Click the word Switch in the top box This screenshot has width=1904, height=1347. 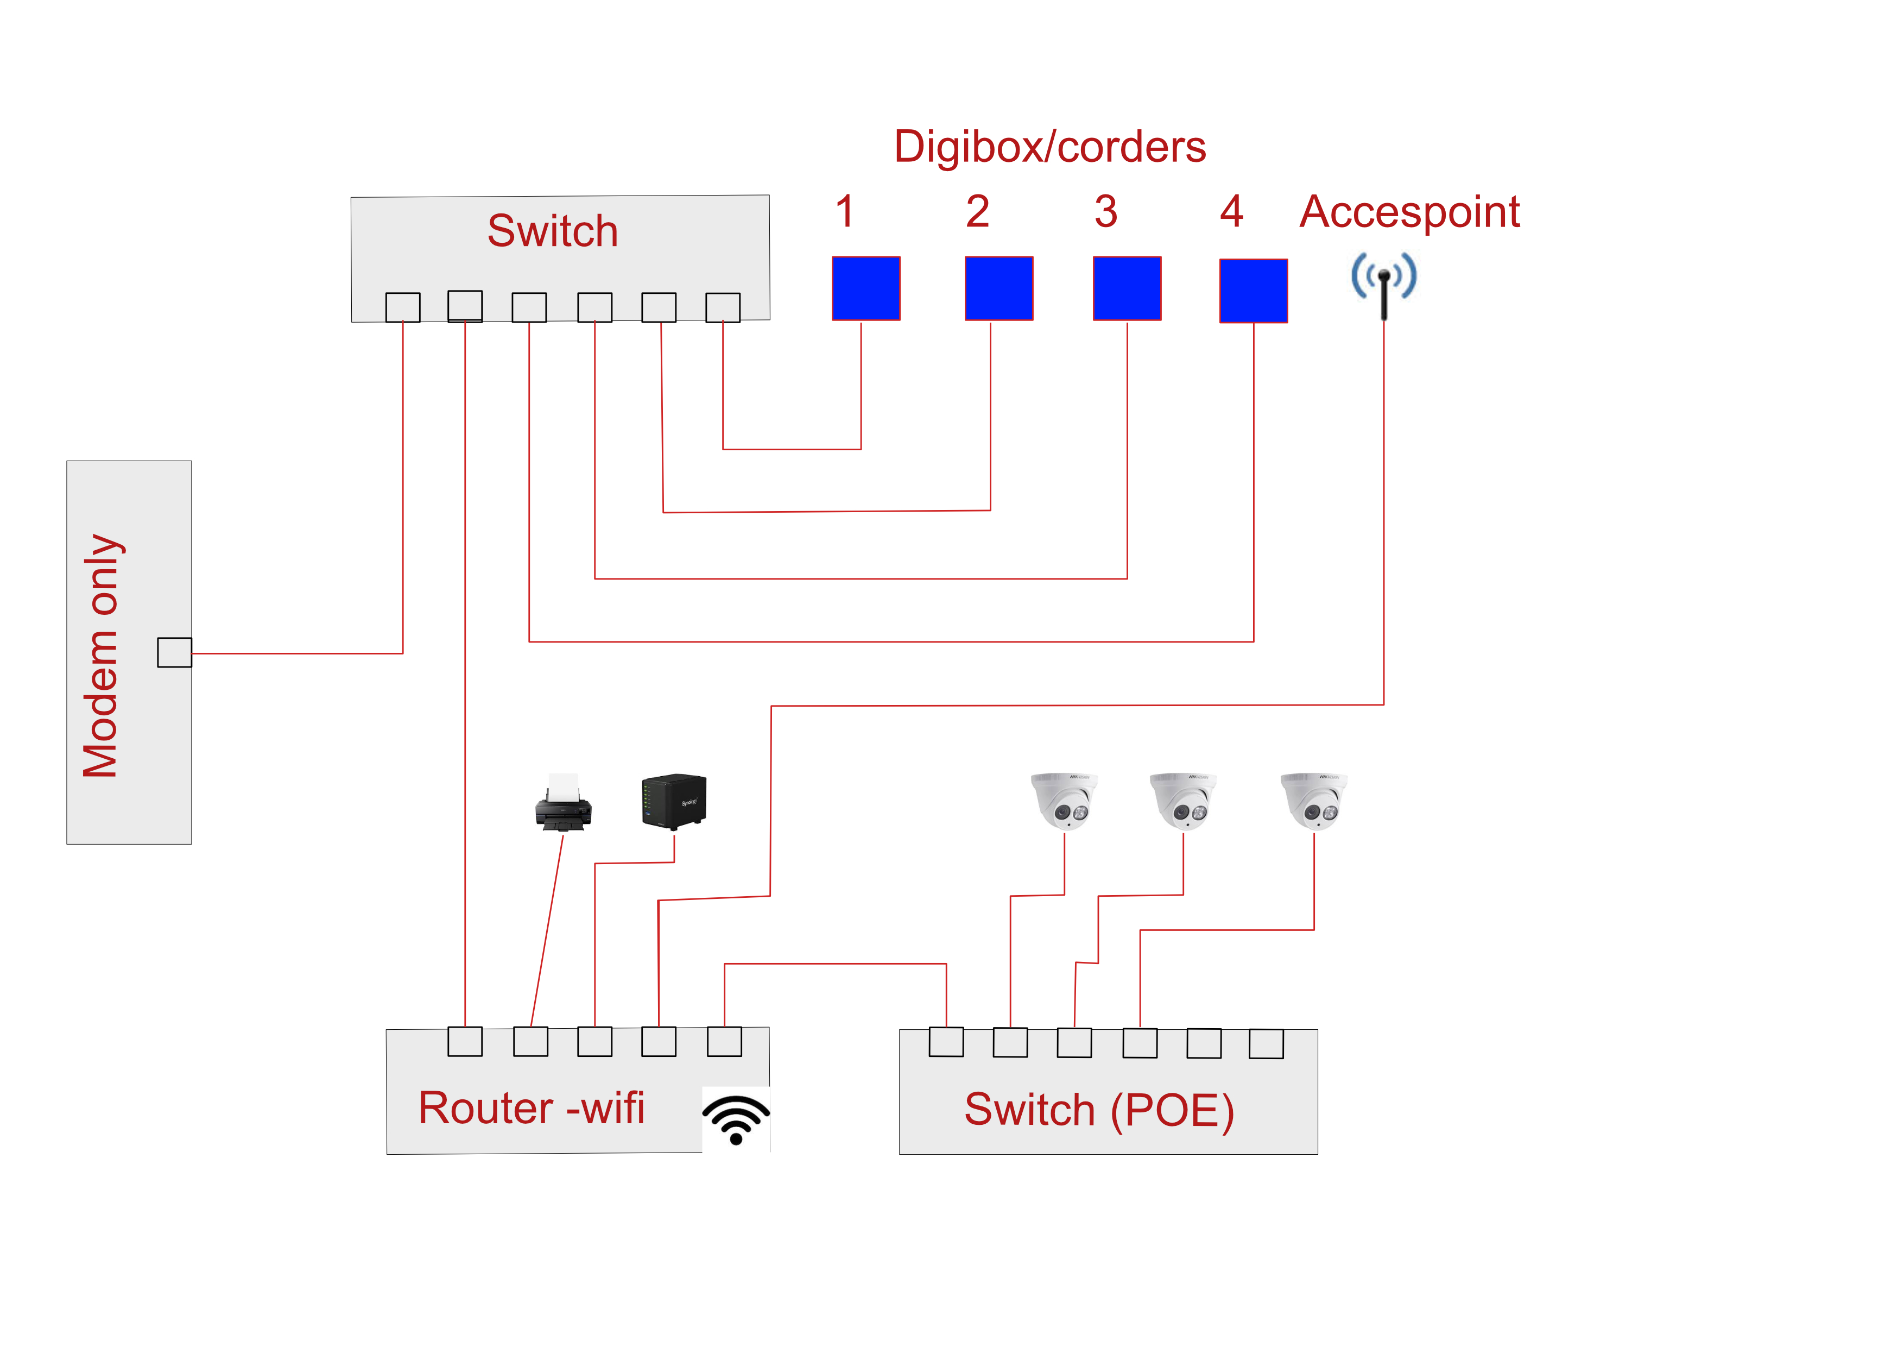(552, 231)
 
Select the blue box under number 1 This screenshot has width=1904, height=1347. (866, 288)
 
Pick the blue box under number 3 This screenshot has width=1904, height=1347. (1127, 288)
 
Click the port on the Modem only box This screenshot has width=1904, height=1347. (174, 652)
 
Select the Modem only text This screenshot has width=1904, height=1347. (101, 655)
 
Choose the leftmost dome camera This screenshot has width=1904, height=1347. (1064, 801)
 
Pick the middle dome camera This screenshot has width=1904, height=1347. (1182, 801)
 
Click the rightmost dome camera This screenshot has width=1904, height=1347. (1313, 801)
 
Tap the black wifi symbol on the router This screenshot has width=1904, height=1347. (736, 1119)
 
